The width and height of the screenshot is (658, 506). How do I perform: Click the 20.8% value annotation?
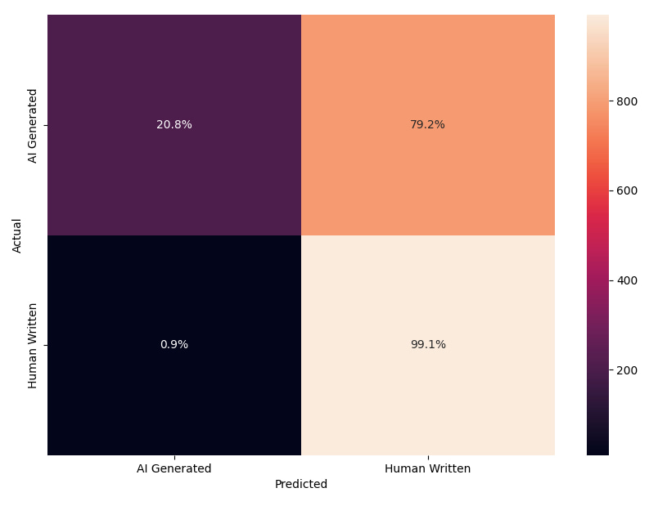174,125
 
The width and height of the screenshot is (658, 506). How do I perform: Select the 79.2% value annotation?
427,125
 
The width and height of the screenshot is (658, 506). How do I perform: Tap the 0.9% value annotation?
174,345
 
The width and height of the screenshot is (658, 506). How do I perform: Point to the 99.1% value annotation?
427,345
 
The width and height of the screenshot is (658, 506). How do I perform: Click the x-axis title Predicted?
301,484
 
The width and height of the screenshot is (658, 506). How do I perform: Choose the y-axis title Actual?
17,235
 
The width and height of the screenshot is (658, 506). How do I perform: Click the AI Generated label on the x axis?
174,469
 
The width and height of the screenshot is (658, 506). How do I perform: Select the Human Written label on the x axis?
427,469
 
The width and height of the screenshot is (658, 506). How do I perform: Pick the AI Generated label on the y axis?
33,125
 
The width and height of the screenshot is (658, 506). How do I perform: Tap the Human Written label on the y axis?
33,345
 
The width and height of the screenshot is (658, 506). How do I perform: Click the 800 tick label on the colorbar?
628,101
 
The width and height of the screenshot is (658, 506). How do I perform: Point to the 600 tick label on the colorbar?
628,190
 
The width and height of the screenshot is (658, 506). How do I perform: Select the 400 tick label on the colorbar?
628,280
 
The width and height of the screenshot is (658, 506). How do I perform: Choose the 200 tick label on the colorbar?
628,370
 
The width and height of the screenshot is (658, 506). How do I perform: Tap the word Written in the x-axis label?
449,469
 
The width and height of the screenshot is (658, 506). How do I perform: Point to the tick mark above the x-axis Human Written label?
428,458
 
